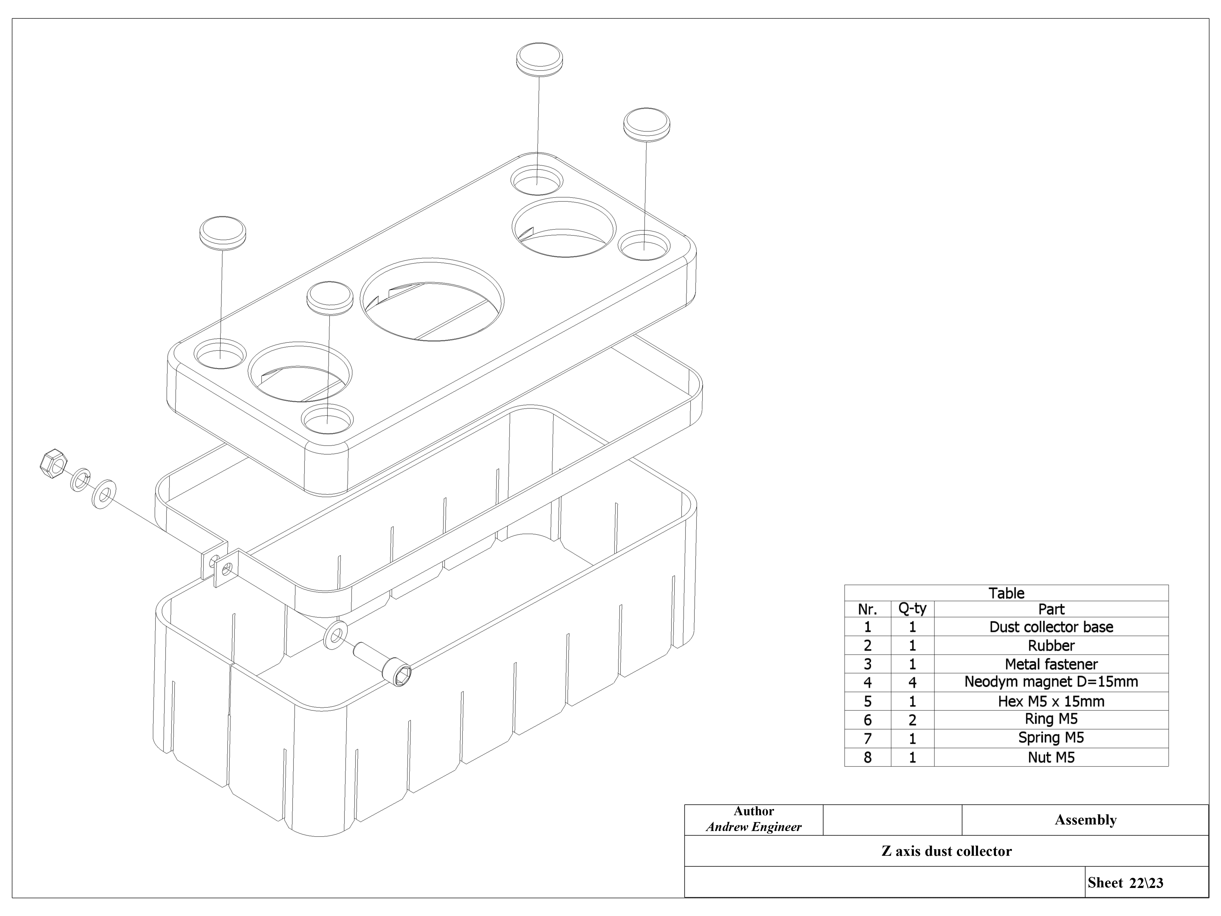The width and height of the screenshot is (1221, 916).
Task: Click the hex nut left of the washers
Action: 53,463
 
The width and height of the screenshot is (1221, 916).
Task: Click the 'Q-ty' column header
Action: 912,609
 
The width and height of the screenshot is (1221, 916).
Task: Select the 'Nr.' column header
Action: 867,609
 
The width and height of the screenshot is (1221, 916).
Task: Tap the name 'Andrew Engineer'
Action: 754,827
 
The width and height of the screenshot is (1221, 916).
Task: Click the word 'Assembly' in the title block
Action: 1085,820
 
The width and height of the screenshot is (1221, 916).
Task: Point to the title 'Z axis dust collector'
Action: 946,851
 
